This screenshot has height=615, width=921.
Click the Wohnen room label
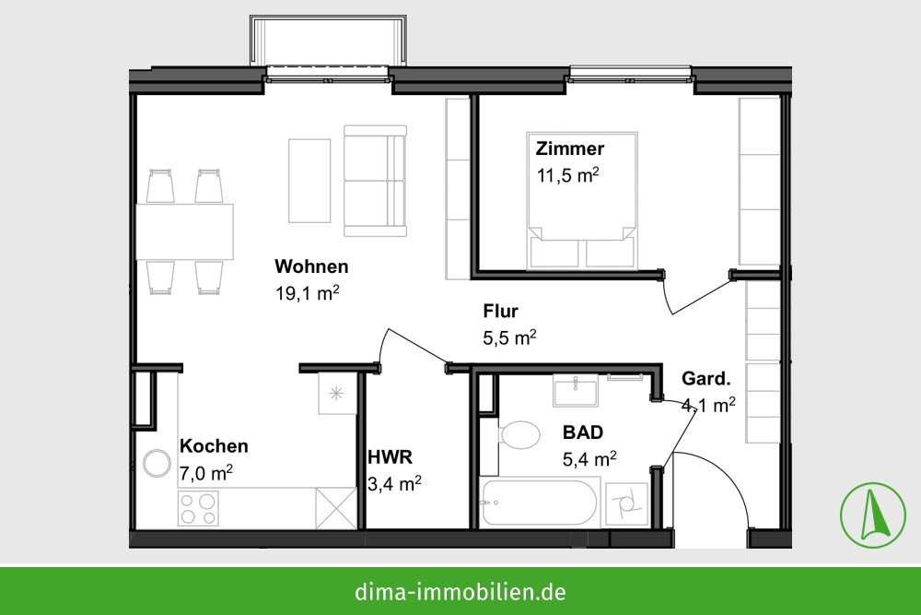click(x=311, y=266)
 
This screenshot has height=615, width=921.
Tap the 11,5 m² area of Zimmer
click(x=567, y=175)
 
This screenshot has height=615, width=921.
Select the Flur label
click(x=500, y=311)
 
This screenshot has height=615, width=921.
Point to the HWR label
click(x=390, y=456)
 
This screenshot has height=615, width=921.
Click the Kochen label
click(x=214, y=446)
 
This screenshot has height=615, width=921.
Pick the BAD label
click(x=583, y=432)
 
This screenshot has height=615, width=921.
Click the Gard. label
click(x=706, y=379)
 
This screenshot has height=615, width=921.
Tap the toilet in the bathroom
click(x=518, y=435)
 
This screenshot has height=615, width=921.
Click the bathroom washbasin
click(x=576, y=390)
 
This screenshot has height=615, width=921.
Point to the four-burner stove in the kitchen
click(x=198, y=509)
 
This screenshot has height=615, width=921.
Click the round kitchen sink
click(x=157, y=463)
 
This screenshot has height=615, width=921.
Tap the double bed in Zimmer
click(x=582, y=200)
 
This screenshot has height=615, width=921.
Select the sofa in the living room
click(x=376, y=181)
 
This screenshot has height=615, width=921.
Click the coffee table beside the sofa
click(x=309, y=181)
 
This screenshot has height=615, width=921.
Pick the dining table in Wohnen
click(x=184, y=231)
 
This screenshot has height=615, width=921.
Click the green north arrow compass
click(x=873, y=515)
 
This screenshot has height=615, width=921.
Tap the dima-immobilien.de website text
click(x=460, y=591)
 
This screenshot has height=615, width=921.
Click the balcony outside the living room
click(x=328, y=41)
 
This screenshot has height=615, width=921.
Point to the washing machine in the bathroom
click(x=626, y=503)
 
